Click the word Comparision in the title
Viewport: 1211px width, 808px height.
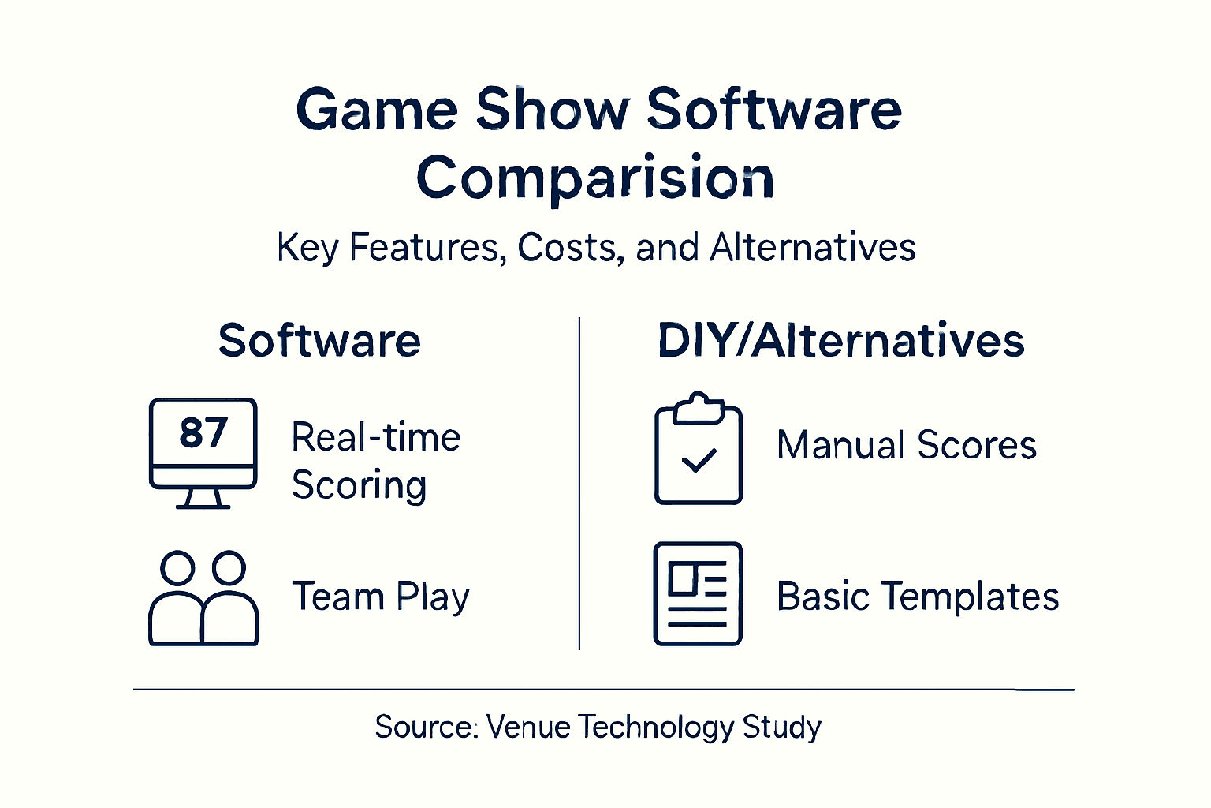[x=595, y=178]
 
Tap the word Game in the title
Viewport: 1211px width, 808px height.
[x=376, y=110]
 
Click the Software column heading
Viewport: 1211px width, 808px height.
[x=319, y=341]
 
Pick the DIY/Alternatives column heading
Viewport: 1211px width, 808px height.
[x=840, y=341]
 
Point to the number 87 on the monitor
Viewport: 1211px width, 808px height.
[x=203, y=432]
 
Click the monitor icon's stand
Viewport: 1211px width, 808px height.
[x=203, y=499]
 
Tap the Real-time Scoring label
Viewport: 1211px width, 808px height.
[x=375, y=461]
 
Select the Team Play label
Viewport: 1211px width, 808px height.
[x=381, y=597]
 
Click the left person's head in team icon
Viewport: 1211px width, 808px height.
[x=177, y=567]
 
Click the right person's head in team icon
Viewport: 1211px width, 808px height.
[x=229, y=567]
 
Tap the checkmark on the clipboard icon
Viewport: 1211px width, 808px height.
[x=698, y=460]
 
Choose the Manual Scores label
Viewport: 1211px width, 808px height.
[x=906, y=445]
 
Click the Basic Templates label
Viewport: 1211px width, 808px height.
[x=917, y=597]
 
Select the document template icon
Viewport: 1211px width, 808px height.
[x=698, y=593]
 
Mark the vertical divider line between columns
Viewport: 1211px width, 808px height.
[x=579, y=483]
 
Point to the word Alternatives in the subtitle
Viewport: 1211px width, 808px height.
[x=812, y=248]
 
